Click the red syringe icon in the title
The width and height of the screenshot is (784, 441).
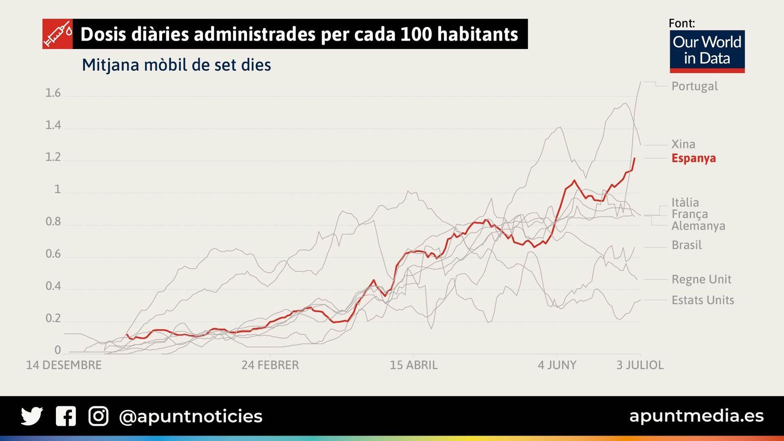point(57,34)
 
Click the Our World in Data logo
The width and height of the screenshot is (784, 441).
point(707,51)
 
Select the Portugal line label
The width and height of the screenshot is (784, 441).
point(694,86)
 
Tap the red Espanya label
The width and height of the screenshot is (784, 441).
point(693,158)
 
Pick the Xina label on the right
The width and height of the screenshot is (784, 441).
point(683,144)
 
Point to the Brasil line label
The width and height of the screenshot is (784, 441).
point(686,245)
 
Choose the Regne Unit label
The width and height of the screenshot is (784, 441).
point(701,279)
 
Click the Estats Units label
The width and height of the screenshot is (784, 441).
point(703,300)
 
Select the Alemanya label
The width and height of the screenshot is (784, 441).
point(698,226)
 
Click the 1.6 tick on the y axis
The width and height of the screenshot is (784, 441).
point(53,93)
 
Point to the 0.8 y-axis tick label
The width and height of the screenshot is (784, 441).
point(53,221)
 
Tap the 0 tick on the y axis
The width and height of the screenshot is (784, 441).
point(58,350)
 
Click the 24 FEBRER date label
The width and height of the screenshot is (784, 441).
point(270,365)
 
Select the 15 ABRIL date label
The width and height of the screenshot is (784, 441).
point(414,365)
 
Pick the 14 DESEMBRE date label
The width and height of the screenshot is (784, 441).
point(64,365)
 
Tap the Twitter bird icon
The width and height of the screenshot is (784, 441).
point(32,416)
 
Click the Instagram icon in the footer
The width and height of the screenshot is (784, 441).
point(98,416)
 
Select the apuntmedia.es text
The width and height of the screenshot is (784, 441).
point(696,416)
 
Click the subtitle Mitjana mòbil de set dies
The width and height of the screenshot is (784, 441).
point(176,65)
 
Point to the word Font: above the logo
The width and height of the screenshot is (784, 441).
point(682,23)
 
